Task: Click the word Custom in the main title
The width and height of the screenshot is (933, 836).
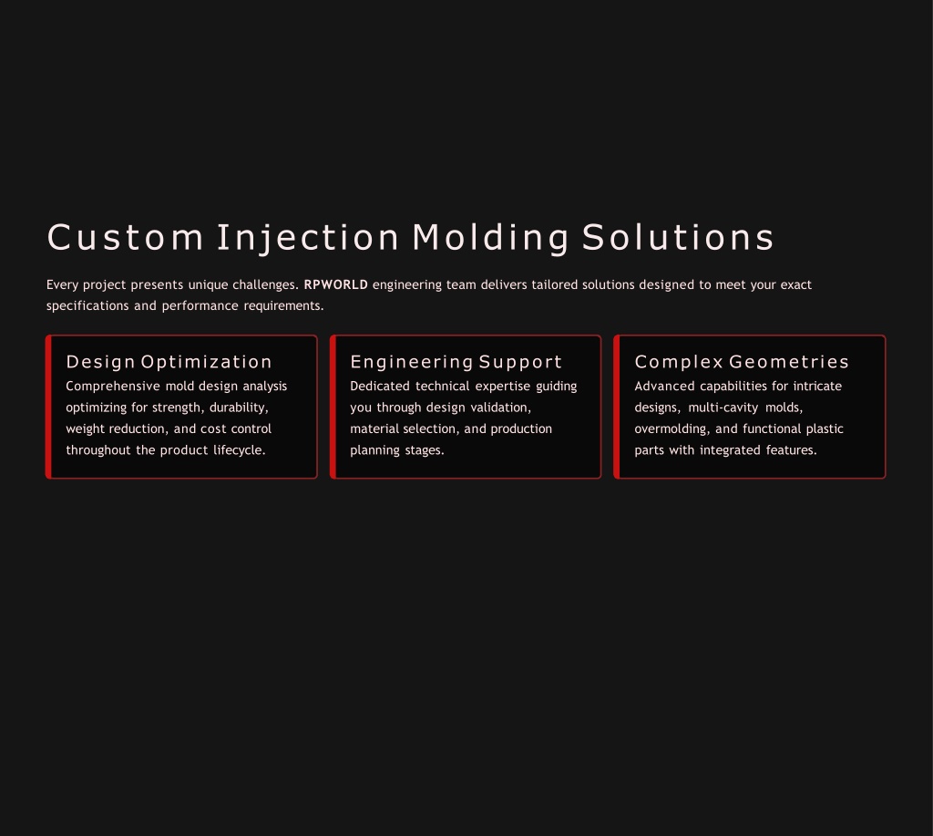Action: tap(125, 238)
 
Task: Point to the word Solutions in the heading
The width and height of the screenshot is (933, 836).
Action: tap(678, 238)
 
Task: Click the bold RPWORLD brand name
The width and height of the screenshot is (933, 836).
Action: tap(335, 284)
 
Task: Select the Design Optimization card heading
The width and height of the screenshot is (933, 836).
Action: tap(169, 362)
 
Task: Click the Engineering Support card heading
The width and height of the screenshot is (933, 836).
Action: tap(456, 362)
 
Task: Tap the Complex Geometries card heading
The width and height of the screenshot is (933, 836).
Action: tap(742, 361)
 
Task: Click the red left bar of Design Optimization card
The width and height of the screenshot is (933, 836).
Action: tap(48, 407)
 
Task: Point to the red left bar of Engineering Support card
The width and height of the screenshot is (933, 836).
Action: tap(333, 407)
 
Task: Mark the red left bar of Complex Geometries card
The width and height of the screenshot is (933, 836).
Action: tap(617, 407)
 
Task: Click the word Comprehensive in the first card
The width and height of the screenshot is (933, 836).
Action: tap(113, 387)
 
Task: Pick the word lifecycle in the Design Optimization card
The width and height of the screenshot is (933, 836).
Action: tap(238, 450)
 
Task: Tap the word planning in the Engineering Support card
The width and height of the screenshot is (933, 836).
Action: tap(374, 450)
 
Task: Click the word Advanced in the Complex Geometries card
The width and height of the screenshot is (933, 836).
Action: tap(664, 386)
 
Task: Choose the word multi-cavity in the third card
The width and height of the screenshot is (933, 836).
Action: tap(723, 408)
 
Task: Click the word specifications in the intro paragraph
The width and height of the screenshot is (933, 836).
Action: tap(87, 306)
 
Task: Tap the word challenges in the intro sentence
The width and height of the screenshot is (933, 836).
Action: tap(263, 285)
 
